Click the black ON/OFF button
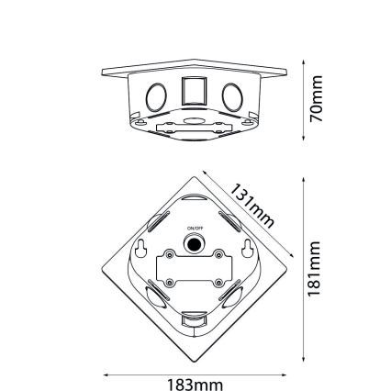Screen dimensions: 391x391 194,244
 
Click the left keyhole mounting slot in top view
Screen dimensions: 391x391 142,248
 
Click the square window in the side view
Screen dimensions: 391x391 195,92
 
